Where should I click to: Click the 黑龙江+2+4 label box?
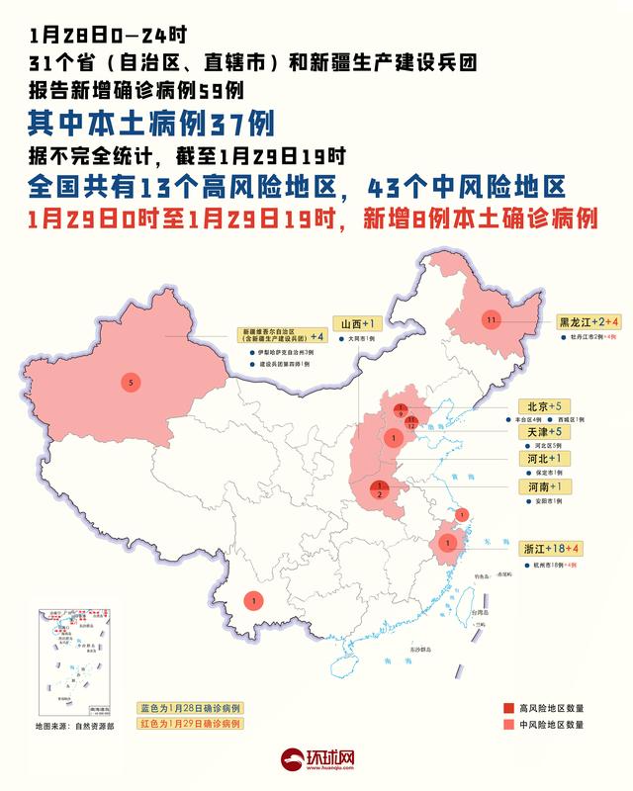tap(588, 322)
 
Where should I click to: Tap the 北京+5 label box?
tap(542, 406)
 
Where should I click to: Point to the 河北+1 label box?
tap(542, 460)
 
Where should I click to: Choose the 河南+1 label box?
tap(542, 487)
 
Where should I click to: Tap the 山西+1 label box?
tap(356, 323)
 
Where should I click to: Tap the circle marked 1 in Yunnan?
tap(254, 600)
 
